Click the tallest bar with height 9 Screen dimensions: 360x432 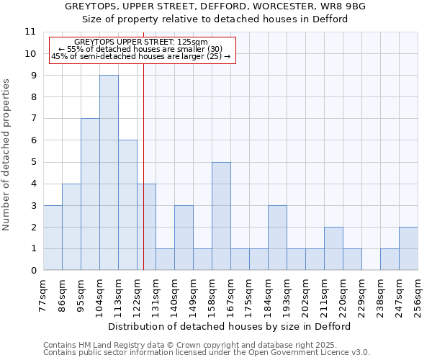[x=109, y=173]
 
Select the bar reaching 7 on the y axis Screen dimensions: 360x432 [x=90, y=194]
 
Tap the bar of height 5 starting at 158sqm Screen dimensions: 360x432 [x=221, y=216]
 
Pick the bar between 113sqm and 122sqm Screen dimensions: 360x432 [x=127, y=205]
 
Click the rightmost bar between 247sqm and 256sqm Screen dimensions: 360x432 [x=408, y=248]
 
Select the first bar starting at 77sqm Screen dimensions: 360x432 [x=53, y=238]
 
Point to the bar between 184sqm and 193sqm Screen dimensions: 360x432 [x=277, y=238]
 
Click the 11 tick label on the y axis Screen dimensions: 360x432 [x=30, y=32]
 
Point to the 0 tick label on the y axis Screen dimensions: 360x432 [x=33, y=271]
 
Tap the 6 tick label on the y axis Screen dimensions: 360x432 [x=33, y=140]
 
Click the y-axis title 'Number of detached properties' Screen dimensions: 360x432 [x=7, y=155]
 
